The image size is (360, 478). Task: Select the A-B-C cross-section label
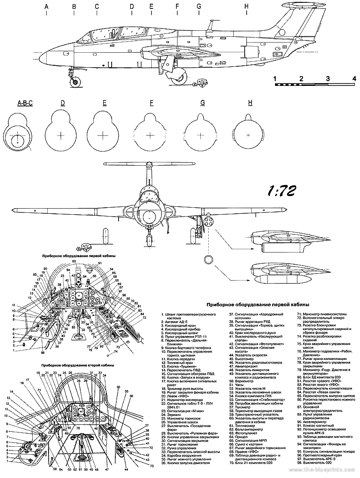(24, 104)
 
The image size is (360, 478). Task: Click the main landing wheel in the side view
(181, 77)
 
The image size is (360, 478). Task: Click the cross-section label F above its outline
(152, 104)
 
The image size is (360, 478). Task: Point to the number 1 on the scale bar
(275, 78)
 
